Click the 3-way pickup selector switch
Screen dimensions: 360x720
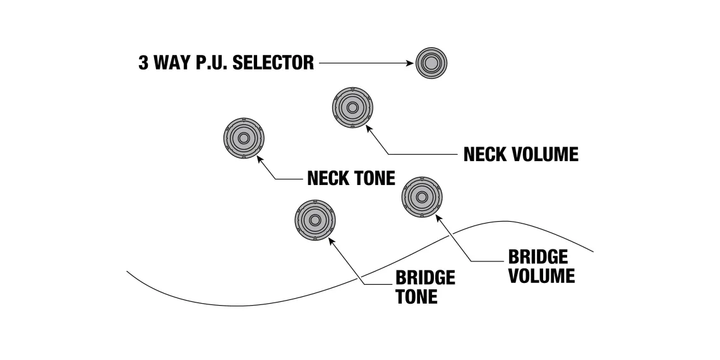tap(431, 63)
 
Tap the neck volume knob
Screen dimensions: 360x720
tap(352, 108)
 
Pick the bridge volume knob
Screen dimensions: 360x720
tap(422, 197)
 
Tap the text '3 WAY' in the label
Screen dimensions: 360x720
tap(160, 63)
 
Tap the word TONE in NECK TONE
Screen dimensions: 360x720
tap(375, 179)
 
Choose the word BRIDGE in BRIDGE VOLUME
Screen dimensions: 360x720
tap(538, 257)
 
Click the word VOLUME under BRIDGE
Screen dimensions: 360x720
tap(542, 276)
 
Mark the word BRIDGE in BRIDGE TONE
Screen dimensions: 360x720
tap(425, 278)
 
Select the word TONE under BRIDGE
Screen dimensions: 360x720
tap(416, 297)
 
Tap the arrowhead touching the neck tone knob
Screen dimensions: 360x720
tap(260, 160)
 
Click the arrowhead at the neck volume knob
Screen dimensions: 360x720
tap(368, 129)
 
